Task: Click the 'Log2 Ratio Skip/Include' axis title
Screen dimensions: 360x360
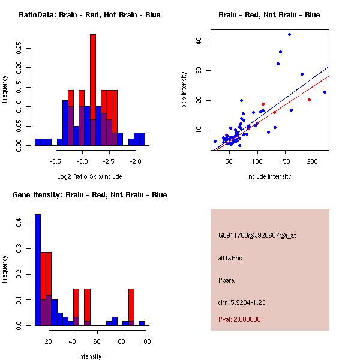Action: (x=89, y=176)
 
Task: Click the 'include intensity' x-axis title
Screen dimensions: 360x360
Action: (x=269, y=176)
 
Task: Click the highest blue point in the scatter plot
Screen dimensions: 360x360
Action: (x=289, y=35)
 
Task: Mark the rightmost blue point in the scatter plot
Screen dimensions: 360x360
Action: (x=325, y=92)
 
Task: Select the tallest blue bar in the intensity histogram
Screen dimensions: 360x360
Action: (x=38, y=270)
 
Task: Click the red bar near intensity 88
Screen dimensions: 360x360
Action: (x=131, y=307)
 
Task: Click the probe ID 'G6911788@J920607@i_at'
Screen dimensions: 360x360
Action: (x=257, y=235)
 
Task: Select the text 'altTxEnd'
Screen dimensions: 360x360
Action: (x=230, y=258)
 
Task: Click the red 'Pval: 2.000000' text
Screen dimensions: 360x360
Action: (x=239, y=319)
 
